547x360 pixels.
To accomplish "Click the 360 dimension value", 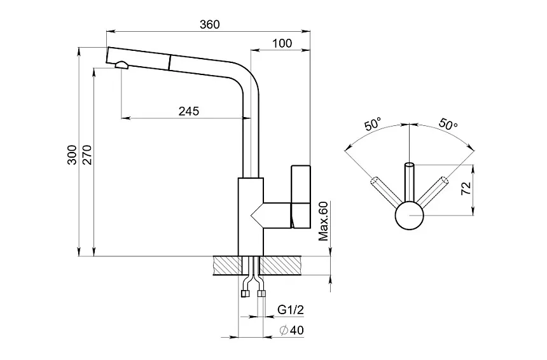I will tap(209, 25).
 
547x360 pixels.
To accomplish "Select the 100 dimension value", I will tap(282, 43).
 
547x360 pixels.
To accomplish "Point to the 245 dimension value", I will tap(188, 111).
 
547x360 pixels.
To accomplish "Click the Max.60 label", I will tap(323, 221).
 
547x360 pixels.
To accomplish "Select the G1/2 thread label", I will tap(291, 310).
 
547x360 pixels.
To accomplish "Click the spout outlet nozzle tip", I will tap(121, 64).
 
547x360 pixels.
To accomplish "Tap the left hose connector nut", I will tap(245, 294).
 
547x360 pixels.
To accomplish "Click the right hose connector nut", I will tap(260, 294).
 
